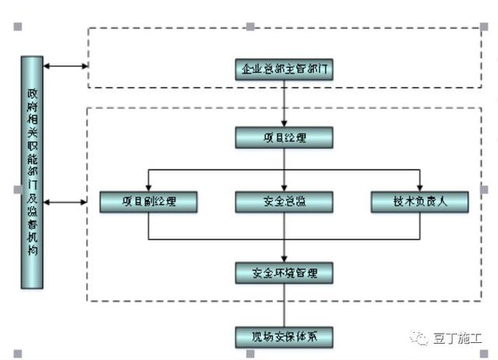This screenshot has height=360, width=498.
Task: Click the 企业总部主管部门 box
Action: (284, 70)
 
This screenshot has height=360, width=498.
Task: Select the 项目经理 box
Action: (284, 138)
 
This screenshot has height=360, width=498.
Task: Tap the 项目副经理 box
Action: (149, 202)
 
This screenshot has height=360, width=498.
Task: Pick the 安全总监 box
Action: (284, 202)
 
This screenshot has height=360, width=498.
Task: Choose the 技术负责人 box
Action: (420, 202)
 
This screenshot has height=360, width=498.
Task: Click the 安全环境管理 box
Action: (284, 273)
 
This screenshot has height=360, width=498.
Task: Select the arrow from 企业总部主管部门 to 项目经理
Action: (284, 103)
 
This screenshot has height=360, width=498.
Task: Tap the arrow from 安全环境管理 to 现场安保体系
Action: (284, 306)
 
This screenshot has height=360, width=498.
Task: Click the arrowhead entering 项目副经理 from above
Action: (149, 188)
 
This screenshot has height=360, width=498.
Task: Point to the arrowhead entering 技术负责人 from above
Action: (420, 188)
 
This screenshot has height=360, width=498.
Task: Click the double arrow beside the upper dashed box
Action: (65, 66)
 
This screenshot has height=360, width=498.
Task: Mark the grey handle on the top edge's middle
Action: (251, 26)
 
